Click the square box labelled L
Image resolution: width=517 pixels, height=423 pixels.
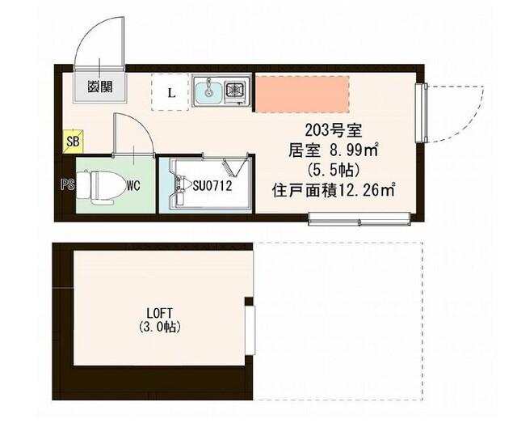[x=170, y=91]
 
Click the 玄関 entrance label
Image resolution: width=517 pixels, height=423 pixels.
[x=102, y=85]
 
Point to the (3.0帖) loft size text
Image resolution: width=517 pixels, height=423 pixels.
[x=158, y=328]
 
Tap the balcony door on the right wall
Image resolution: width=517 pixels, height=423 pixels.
[x=421, y=112]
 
